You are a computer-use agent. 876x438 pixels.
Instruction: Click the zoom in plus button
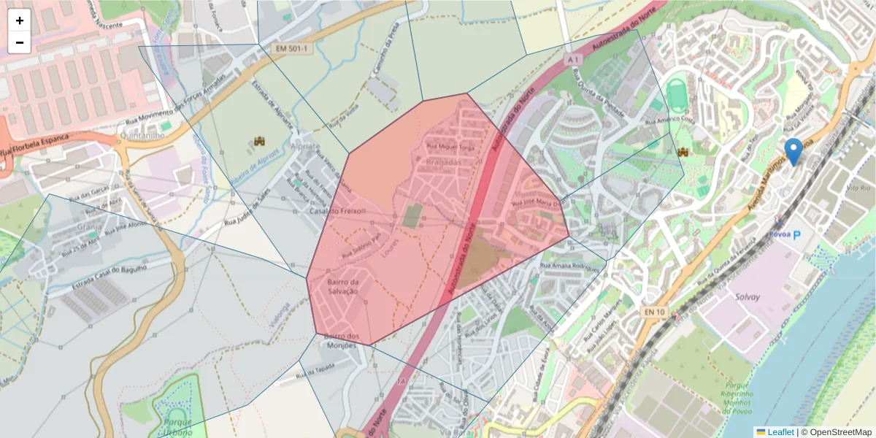tap(20, 20)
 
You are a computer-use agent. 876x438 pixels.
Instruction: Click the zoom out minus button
tap(20, 42)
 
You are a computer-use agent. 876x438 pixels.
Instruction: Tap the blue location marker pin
tap(794, 151)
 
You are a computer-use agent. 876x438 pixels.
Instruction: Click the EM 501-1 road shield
tap(291, 49)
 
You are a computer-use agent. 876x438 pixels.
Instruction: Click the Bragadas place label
tap(444, 162)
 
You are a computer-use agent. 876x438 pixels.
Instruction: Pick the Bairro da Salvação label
tap(343, 286)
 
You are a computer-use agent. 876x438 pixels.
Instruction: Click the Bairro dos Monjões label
tap(342, 340)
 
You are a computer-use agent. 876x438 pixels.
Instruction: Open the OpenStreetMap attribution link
tap(837, 431)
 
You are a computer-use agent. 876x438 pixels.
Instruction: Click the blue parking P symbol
tap(796, 235)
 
